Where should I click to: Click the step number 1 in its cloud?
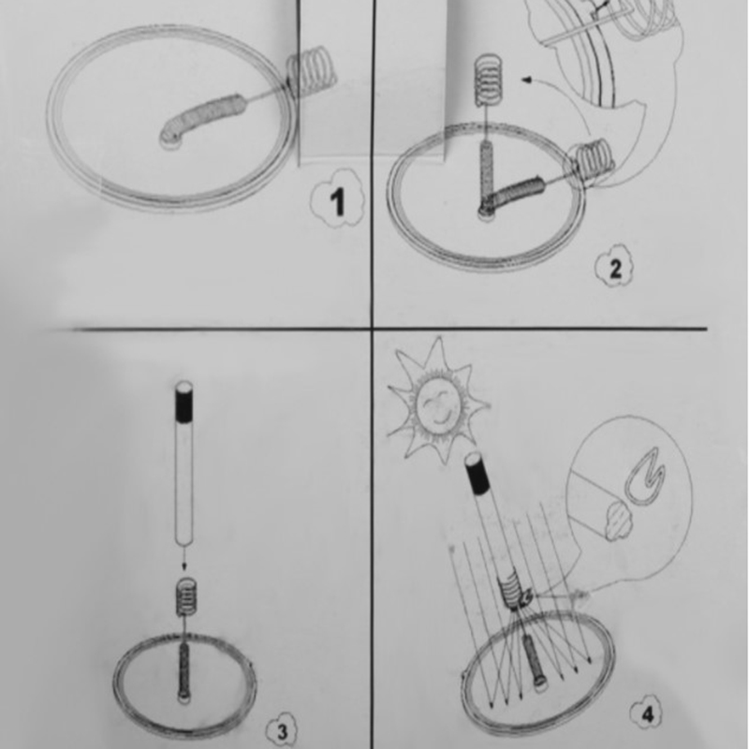pyautogui.click(x=338, y=201)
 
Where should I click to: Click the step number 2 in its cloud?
pyautogui.click(x=616, y=270)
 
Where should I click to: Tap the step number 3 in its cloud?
pyautogui.click(x=283, y=731)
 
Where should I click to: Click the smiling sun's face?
pyautogui.click(x=438, y=406)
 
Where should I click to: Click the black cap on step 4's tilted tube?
pyautogui.click(x=477, y=473)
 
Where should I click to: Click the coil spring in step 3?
pyautogui.click(x=186, y=596)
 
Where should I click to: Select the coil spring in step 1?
pyautogui.click(x=310, y=67)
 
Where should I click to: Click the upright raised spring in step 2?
pyautogui.click(x=487, y=79)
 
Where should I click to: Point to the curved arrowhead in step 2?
pyautogui.click(x=527, y=80)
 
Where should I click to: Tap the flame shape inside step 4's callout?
pyautogui.click(x=644, y=477)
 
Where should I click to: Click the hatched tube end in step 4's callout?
pyautogui.click(x=620, y=521)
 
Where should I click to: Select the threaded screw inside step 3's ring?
pyautogui.click(x=184, y=670)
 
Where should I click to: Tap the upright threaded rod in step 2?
pyautogui.click(x=487, y=173)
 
